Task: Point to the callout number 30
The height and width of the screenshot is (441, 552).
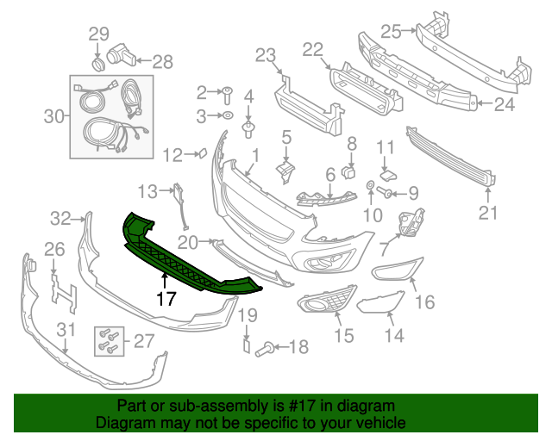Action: pos(54,116)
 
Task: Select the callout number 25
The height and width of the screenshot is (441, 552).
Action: pos(391,32)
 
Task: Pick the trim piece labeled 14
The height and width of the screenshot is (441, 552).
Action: pos(379,302)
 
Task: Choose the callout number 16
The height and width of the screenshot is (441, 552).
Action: pos(424,301)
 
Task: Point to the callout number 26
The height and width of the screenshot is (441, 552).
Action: pos(53,250)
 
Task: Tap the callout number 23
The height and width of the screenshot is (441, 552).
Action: pos(264,56)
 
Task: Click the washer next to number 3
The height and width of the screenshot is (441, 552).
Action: pos(227,115)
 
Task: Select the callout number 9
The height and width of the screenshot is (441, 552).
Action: pos(412,192)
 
